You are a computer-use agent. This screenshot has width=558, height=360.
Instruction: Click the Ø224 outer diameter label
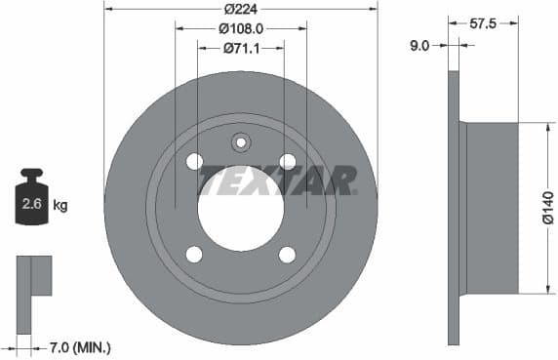pos(240,8)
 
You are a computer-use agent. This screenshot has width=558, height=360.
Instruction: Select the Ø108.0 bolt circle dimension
pos(240,27)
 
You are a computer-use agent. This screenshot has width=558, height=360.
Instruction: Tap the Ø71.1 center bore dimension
pos(240,48)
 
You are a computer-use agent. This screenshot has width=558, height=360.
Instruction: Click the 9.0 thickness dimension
pos(420,44)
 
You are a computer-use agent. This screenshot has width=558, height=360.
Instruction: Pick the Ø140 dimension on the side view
pos(547,208)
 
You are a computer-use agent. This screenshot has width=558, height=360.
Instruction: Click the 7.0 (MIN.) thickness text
pos(80,346)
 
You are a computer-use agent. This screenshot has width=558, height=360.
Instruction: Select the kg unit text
pos(60,205)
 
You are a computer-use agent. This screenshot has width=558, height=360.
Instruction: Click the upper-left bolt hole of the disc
pos(194,161)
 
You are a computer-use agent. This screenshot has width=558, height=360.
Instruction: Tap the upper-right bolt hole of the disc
pos(287,161)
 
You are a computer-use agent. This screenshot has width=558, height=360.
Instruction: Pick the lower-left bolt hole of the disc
pos(194,254)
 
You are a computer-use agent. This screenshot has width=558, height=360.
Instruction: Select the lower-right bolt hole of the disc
pos(287,254)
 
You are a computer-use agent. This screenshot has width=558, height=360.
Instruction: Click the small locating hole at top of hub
pos(241,142)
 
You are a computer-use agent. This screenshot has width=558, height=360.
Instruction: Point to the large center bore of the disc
pos(240,208)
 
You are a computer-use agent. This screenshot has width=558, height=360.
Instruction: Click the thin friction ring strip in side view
pos(453,208)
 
